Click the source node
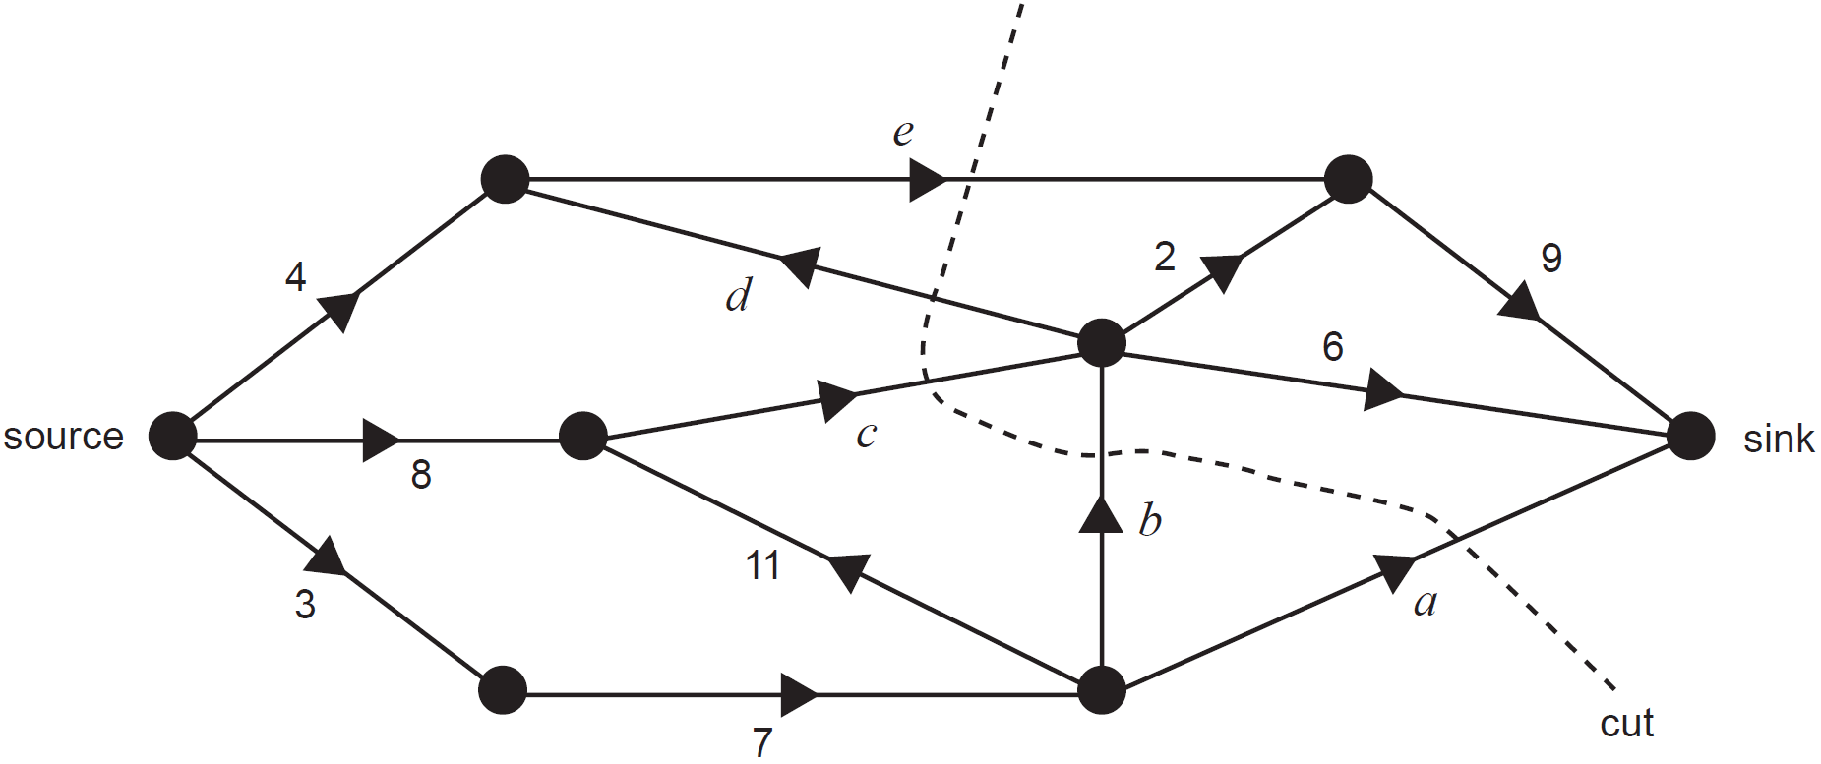pyautogui.click(x=173, y=436)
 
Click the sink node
pyautogui.click(x=1691, y=436)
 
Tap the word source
pyautogui.click(x=63, y=436)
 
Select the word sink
pyautogui.click(x=1778, y=439)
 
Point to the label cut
pyautogui.click(x=1626, y=724)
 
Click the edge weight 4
pyautogui.click(x=295, y=277)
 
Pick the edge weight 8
pyautogui.click(x=421, y=475)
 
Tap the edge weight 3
pyautogui.click(x=305, y=605)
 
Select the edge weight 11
pyautogui.click(x=762, y=566)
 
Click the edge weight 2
pyautogui.click(x=1165, y=257)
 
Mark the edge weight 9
pyautogui.click(x=1551, y=258)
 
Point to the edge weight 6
pyautogui.click(x=1333, y=346)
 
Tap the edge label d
pyautogui.click(x=739, y=295)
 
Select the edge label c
pyautogui.click(x=866, y=435)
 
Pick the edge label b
pyautogui.click(x=1150, y=519)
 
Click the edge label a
pyautogui.click(x=1426, y=602)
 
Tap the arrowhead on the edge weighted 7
pyautogui.click(x=799, y=695)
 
